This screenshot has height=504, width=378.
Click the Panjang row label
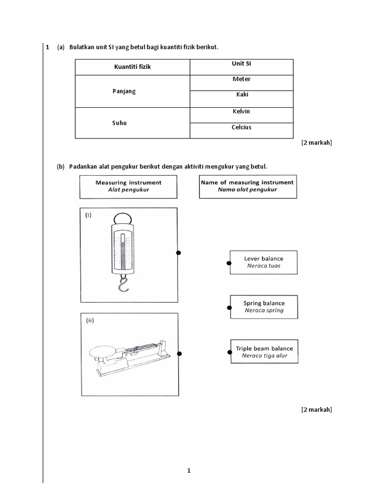pos(124,92)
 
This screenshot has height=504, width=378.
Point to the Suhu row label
pos(119,123)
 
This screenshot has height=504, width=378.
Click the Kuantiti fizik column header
pos(132,67)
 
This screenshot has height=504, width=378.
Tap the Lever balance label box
pos(264,262)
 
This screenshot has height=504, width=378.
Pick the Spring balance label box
pos(264,307)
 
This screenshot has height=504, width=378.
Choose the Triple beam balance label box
pos(264,352)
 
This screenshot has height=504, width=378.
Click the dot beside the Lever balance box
pos(229,263)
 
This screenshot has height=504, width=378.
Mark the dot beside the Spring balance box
pos(229,308)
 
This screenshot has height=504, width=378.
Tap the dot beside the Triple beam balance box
pos(229,352)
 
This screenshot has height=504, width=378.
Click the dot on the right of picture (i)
pos(179,253)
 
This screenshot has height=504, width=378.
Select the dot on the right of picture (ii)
pos(180,354)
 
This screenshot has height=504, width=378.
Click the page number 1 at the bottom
pos(189,471)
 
